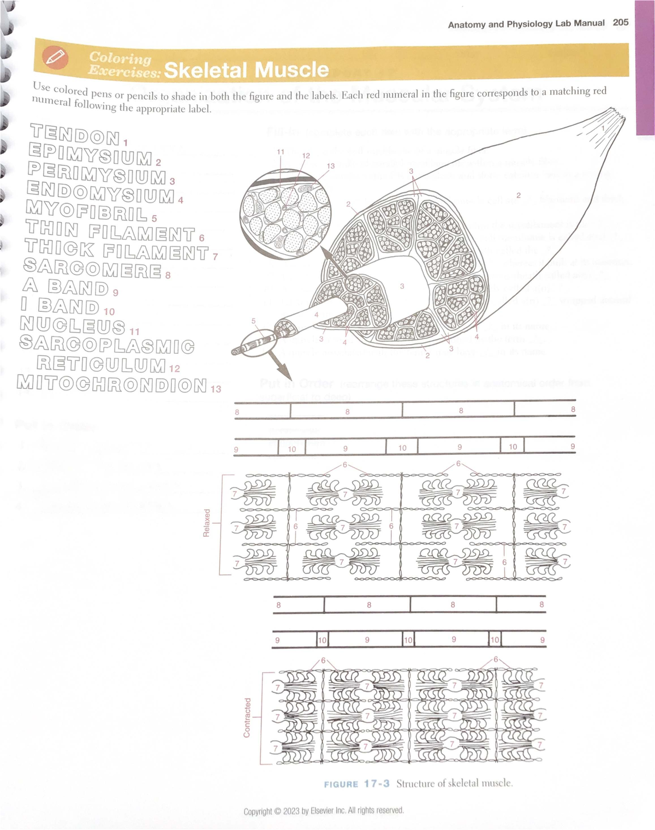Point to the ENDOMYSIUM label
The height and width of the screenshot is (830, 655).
pos(100,193)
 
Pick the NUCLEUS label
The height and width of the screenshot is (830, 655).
pos(73,325)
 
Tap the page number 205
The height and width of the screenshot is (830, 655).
pos(621,22)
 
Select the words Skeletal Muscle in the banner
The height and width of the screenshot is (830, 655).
pos(246,70)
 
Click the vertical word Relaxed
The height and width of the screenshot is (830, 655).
pos(206,523)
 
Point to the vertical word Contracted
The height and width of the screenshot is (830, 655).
pos(247,717)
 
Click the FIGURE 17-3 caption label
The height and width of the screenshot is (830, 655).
pos(356,784)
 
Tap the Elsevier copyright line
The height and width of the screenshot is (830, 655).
pos(323,810)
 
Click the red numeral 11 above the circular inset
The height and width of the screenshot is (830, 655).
pos(281,151)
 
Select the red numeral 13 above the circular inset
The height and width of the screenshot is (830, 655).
pos(331,165)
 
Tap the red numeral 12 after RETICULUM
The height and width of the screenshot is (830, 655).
pos(175,369)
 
